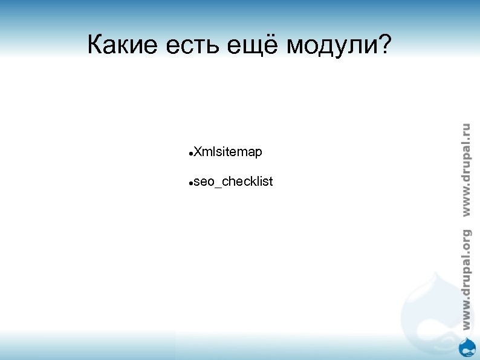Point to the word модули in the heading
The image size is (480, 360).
(x=330, y=46)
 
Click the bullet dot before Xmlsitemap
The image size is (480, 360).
(x=190, y=154)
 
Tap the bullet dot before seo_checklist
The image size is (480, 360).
(x=190, y=183)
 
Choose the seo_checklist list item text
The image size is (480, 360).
(x=233, y=182)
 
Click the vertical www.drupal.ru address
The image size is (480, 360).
(x=465, y=169)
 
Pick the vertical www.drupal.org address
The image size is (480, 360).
(x=465, y=280)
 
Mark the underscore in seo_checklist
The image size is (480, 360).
(x=218, y=185)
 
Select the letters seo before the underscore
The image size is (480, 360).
(x=204, y=182)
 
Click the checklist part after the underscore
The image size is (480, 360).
(x=248, y=182)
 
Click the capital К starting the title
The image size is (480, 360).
(x=94, y=45)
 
